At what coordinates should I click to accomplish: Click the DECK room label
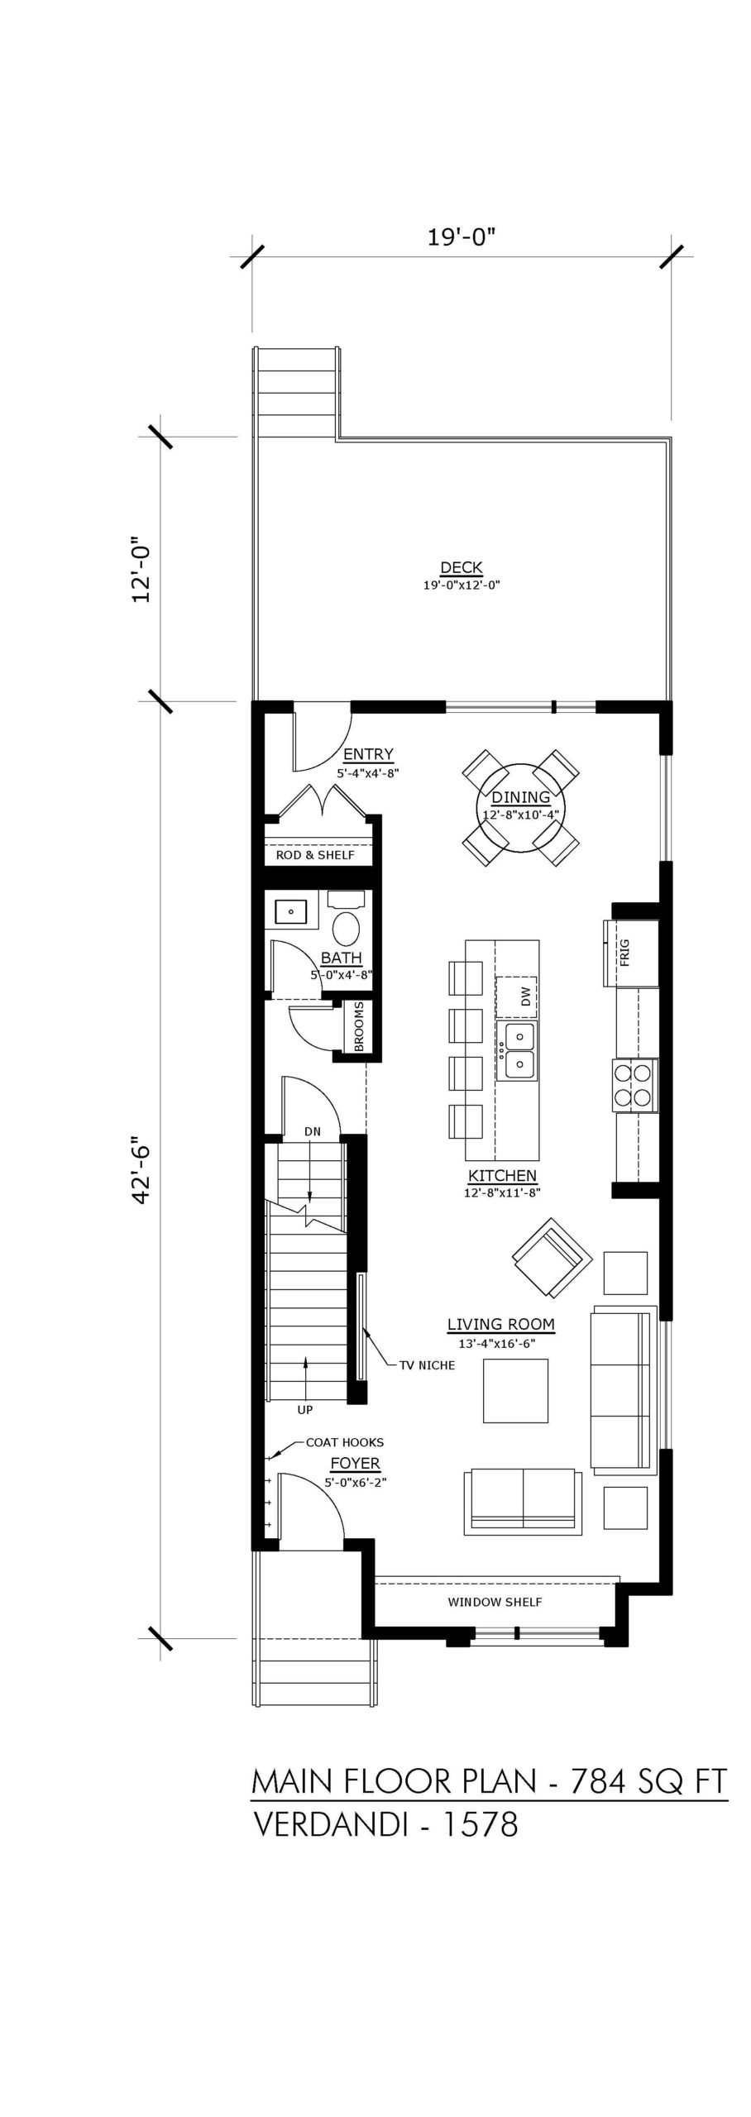point(462,567)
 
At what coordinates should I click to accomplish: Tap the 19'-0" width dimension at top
point(461,237)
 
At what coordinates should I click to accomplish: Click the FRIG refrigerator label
point(624,952)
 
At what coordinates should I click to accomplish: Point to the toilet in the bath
point(347,919)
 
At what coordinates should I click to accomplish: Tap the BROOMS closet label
point(359,1027)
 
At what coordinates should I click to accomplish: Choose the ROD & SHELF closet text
point(315,854)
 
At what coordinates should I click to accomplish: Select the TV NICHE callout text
point(427,1364)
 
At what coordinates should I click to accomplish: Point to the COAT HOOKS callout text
point(345,1441)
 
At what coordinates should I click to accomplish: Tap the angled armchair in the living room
point(552,1258)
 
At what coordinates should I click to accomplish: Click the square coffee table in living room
point(515,1390)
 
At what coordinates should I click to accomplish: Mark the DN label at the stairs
point(312,1131)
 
